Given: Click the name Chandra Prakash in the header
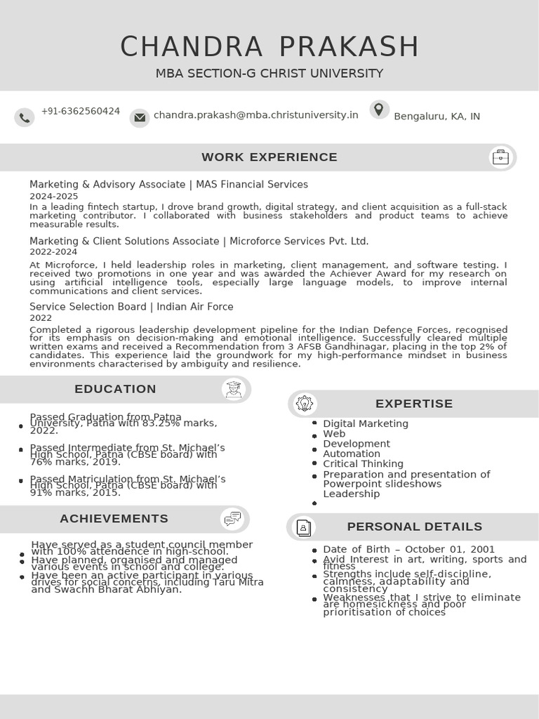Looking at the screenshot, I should (269, 47).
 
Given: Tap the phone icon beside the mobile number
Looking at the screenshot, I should (25, 117).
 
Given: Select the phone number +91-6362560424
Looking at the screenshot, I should (81, 112).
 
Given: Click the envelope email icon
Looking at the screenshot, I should (140, 117).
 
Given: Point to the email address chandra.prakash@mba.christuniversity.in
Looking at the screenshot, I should (255, 114).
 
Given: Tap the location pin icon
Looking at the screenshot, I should (379, 110).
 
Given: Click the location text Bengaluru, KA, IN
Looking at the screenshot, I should (437, 117).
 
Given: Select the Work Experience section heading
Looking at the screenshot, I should (269, 157).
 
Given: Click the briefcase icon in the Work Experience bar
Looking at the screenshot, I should (500, 157).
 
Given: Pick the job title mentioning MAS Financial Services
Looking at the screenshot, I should (168, 185).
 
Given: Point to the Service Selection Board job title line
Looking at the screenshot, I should (131, 307).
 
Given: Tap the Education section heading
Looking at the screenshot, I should (115, 389).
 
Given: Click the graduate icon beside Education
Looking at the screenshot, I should (234, 389).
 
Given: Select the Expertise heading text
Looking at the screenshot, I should (414, 404).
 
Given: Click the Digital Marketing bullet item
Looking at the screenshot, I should (365, 423).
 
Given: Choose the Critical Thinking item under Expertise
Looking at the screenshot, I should (363, 464).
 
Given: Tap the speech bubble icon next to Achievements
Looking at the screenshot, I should (232, 519).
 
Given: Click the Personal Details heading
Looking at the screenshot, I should (414, 527).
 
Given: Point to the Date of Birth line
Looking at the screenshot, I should (408, 550).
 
